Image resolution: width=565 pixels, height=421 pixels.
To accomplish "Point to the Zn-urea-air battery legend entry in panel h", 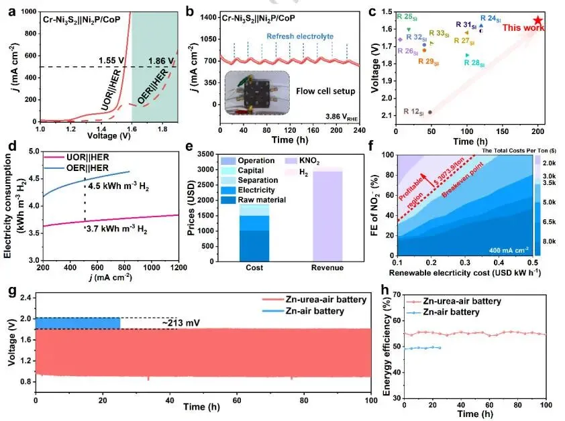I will coord(462,302).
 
